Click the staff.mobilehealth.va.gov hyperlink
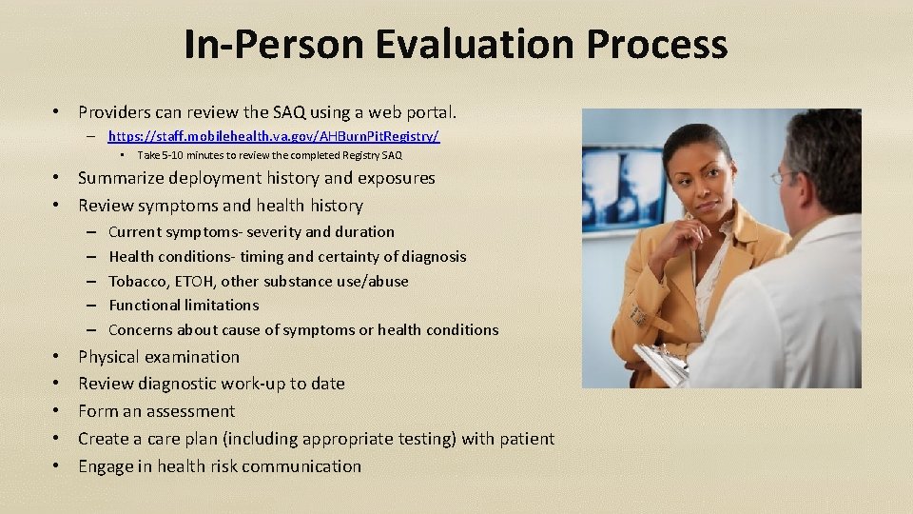click(274, 137)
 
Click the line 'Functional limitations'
click(184, 306)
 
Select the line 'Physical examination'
click(159, 357)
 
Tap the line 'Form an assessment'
click(156, 411)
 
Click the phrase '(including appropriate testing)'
click(373, 439)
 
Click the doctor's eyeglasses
click(782, 177)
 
